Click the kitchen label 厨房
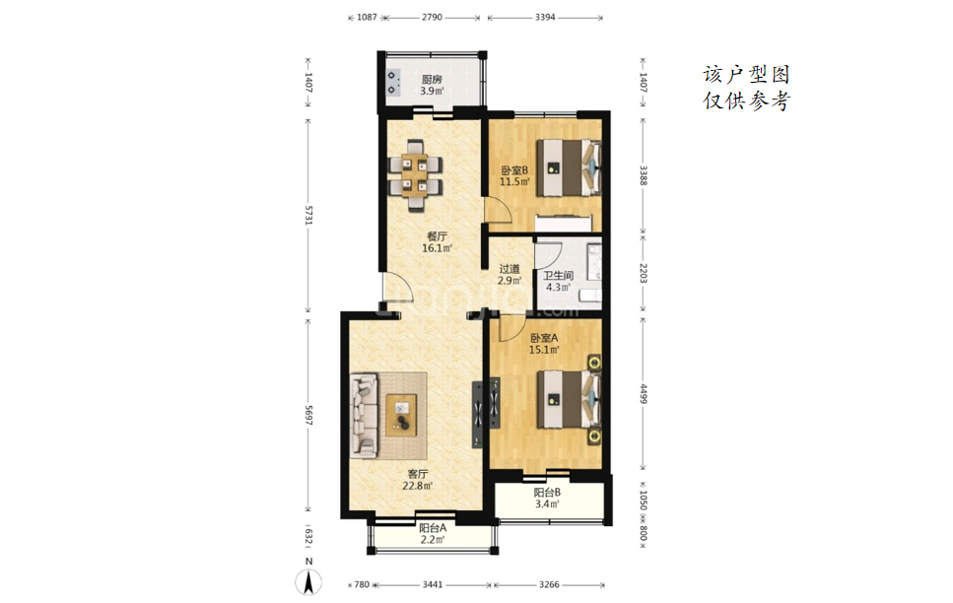pos(432,79)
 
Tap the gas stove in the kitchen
pos(394,83)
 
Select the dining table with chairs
pos(416,174)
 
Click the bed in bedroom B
pos(569,167)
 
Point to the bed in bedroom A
pos(569,399)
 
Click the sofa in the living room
pos(364,415)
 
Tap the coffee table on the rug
pos(401,415)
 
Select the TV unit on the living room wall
pos(478,414)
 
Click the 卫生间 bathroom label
pos(558,275)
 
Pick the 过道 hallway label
pos(510,269)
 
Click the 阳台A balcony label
pos(432,528)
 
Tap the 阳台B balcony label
pos(547,493)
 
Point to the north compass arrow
pos(309,582)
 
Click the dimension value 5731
pos(308,216)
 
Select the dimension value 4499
pos(643,393)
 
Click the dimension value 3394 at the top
pos(545,17)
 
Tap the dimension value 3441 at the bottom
pos(432,584)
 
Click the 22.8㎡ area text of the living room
pos(417,486)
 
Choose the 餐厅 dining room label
pos(437,236)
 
